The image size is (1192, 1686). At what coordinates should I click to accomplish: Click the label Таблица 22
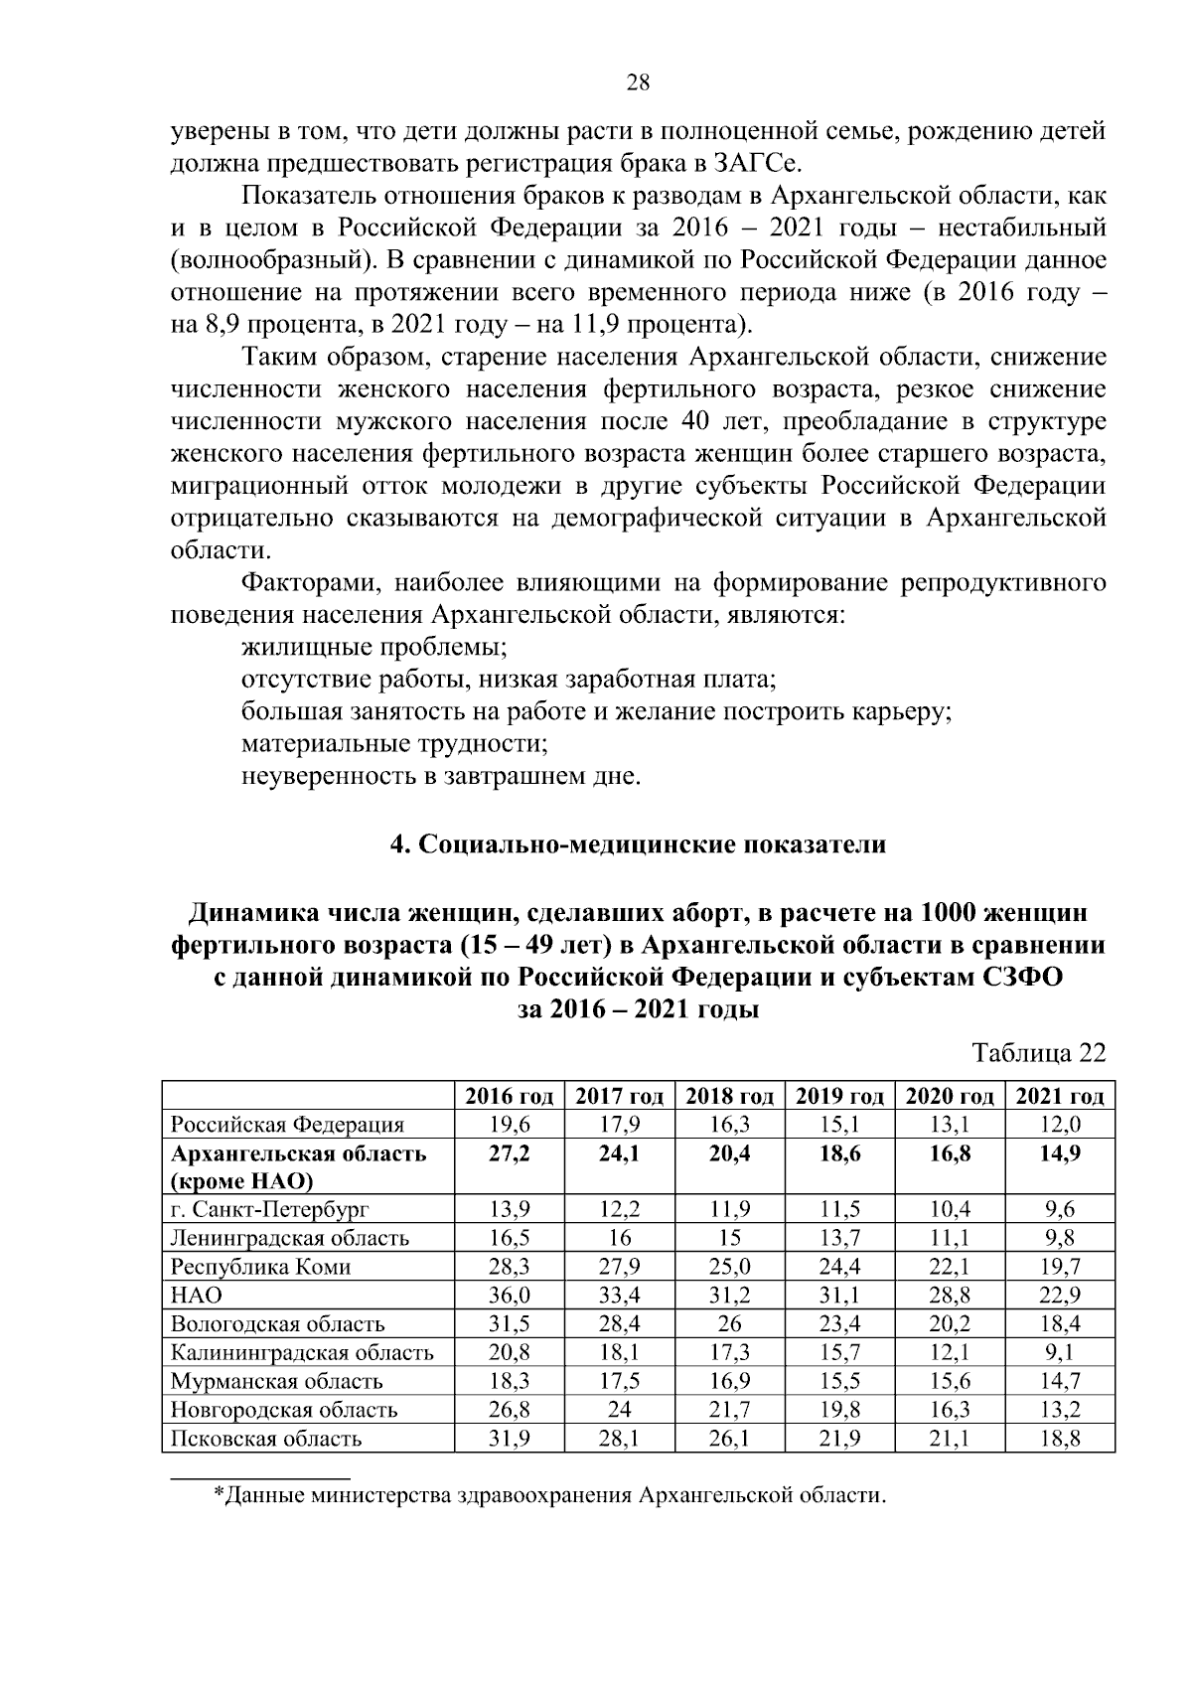[1039, 1053]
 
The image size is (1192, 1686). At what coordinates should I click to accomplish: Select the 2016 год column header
[510, 1096]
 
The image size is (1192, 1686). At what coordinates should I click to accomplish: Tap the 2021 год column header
[1060, 1096]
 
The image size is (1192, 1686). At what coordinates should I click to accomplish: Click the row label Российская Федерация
[287, 1125]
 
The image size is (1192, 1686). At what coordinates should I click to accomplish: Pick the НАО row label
[196, 1296]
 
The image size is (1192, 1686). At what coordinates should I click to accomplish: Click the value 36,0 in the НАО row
[510, 1296]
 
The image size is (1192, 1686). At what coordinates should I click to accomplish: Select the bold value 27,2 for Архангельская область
[510, 1153]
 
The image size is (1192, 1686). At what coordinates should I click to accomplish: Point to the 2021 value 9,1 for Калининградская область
[1060, 1352]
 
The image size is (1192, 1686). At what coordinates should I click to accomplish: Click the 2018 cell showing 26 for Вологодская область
[729, 1324]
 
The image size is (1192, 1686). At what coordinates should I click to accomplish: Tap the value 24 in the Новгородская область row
[619, 1410]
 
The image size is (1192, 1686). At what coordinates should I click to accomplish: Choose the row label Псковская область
[266, 1439]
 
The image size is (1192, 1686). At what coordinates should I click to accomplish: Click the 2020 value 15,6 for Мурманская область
[950, 1381]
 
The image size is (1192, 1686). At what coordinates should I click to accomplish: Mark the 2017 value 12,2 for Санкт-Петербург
[619, 1210]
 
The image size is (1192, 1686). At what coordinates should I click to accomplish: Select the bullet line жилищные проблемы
[374, 648]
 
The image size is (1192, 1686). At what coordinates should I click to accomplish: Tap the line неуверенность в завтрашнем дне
[441, 776]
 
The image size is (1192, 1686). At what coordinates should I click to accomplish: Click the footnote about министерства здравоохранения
[549, 1495]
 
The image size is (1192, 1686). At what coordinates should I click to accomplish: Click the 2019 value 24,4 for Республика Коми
[839, 1267]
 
